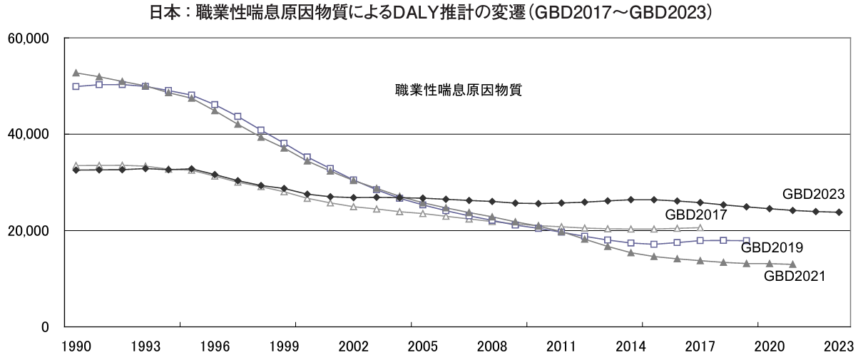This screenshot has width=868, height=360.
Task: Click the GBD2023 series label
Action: click(x=813, y=193)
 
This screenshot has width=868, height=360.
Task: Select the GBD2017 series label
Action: click(x=695, y=214)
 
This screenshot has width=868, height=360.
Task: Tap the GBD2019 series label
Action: click(x=772, y=247)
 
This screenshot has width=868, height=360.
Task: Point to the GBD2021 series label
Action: click(x=794, y=276)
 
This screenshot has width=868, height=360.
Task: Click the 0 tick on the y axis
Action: click(x=44, y=328)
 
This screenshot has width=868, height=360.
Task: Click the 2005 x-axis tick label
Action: click(x=423, y=346)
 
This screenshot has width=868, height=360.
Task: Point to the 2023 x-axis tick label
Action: click(x=839, y=346)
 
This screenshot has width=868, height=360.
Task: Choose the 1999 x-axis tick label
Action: click(x=284, y=346)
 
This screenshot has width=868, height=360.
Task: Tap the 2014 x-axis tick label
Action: click(x=631, y=346)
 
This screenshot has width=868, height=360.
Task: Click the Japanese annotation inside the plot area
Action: click(x=459, y=91)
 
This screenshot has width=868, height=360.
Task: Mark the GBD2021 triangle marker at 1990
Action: click(x=76, y=73)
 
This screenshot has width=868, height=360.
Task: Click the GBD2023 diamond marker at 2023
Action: click(x=839, y=212)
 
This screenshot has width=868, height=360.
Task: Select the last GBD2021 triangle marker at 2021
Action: click(x=792, y=264)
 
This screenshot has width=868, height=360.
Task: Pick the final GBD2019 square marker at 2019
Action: click(x=747, y=241)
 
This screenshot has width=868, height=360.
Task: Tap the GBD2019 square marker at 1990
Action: click(x=76, y=86)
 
